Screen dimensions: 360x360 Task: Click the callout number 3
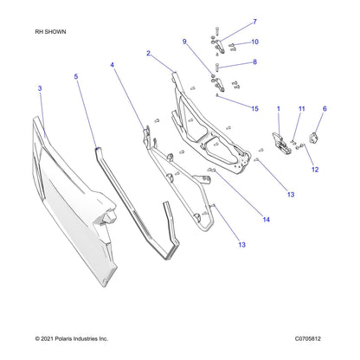point(40,88)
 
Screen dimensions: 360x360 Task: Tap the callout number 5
point(76,76)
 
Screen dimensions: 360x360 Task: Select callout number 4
point(112,65)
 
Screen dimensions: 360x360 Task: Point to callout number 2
point(148,53)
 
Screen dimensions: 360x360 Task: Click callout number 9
point(184,42)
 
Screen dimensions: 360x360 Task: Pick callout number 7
point(254,22)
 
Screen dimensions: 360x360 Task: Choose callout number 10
point(254,42)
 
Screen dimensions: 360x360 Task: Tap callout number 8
point(254,61)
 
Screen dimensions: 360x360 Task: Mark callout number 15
point(254,109)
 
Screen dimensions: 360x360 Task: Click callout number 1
point(279,109)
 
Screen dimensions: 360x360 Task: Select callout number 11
point(302,109)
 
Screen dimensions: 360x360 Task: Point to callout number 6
point(325,109)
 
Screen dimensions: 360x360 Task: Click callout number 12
point(315,170)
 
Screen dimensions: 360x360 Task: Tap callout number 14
point(266,220)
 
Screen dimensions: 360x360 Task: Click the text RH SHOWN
point(50,32)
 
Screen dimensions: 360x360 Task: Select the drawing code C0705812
point(308,338)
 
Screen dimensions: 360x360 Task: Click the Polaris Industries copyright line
point(72,338)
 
